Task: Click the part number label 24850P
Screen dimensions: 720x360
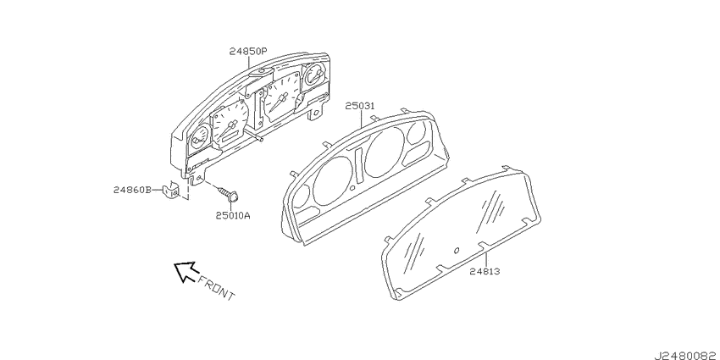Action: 248,52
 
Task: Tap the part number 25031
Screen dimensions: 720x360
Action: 359,106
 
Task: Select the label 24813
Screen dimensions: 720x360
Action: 485,271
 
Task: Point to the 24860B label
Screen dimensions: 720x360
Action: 132,190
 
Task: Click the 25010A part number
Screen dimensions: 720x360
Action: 233,214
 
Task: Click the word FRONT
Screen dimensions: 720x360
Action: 216,288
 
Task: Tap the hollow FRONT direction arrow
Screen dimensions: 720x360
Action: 185,271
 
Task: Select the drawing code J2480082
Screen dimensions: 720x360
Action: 686,355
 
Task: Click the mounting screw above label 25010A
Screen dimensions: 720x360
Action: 228,193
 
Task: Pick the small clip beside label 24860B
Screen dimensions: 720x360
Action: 171,190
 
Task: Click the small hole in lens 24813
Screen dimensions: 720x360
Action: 457,250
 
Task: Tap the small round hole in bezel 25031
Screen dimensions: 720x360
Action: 352,188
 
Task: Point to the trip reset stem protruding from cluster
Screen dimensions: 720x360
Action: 254,136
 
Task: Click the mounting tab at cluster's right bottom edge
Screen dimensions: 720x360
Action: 315,113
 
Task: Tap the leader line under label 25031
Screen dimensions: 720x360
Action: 362,119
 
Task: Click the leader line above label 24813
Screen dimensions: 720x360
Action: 485,258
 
